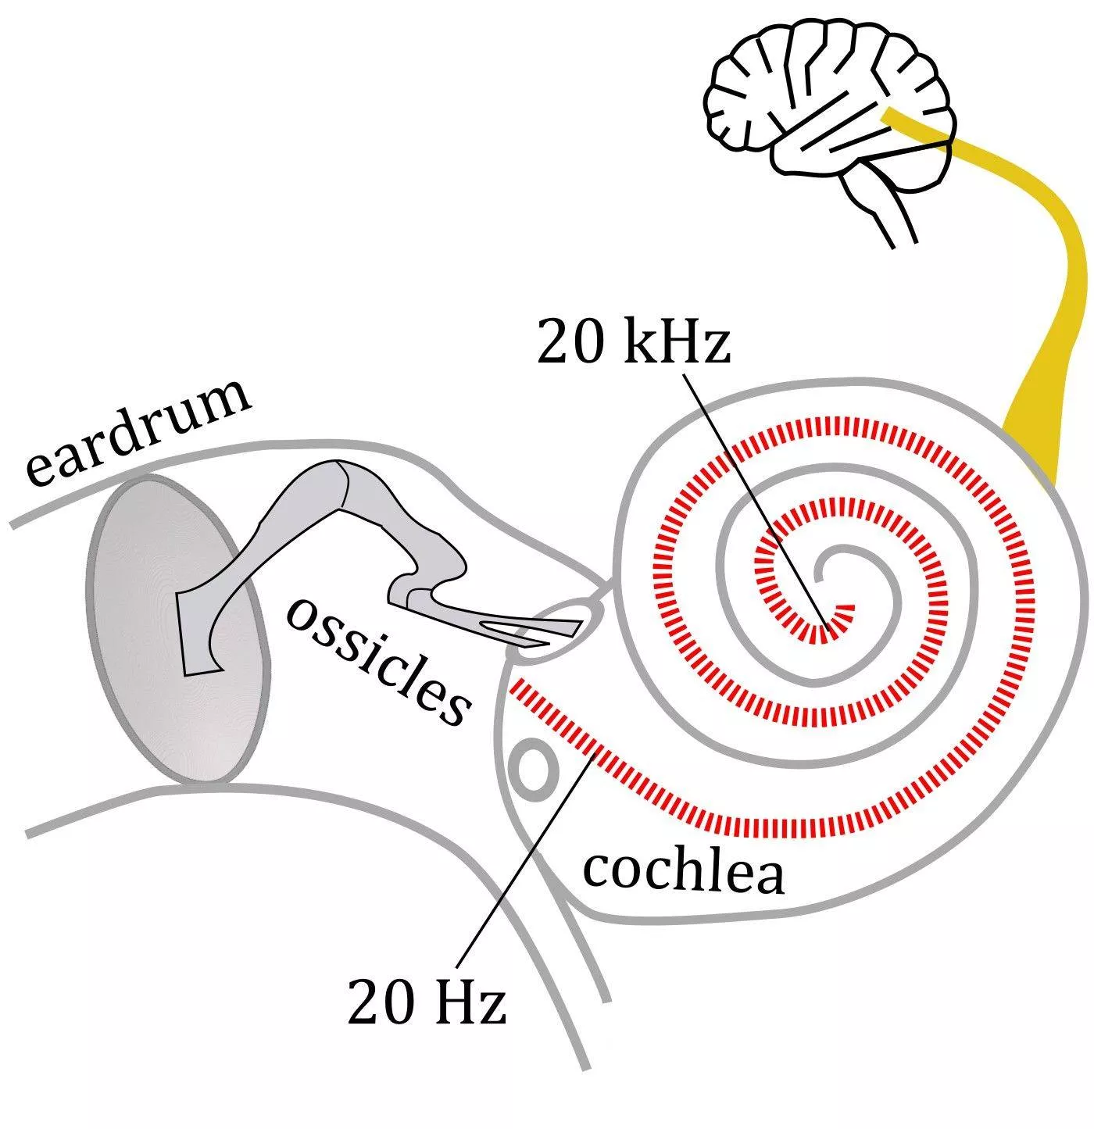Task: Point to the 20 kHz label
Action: click(x=633, y=345)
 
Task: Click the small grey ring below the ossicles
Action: click(x=535, y=770)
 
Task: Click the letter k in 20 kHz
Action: click(x=641, y=345)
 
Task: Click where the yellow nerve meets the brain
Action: click(x=891, y=117)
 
